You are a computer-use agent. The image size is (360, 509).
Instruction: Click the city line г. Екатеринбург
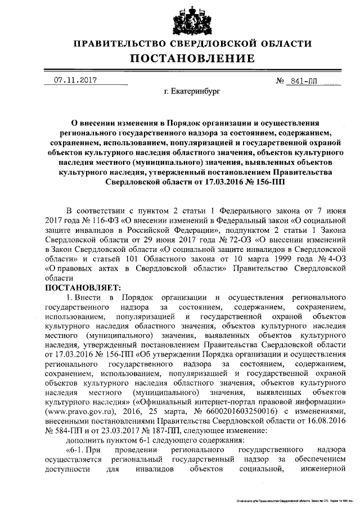pyautogui.click(x=192, y=89)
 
